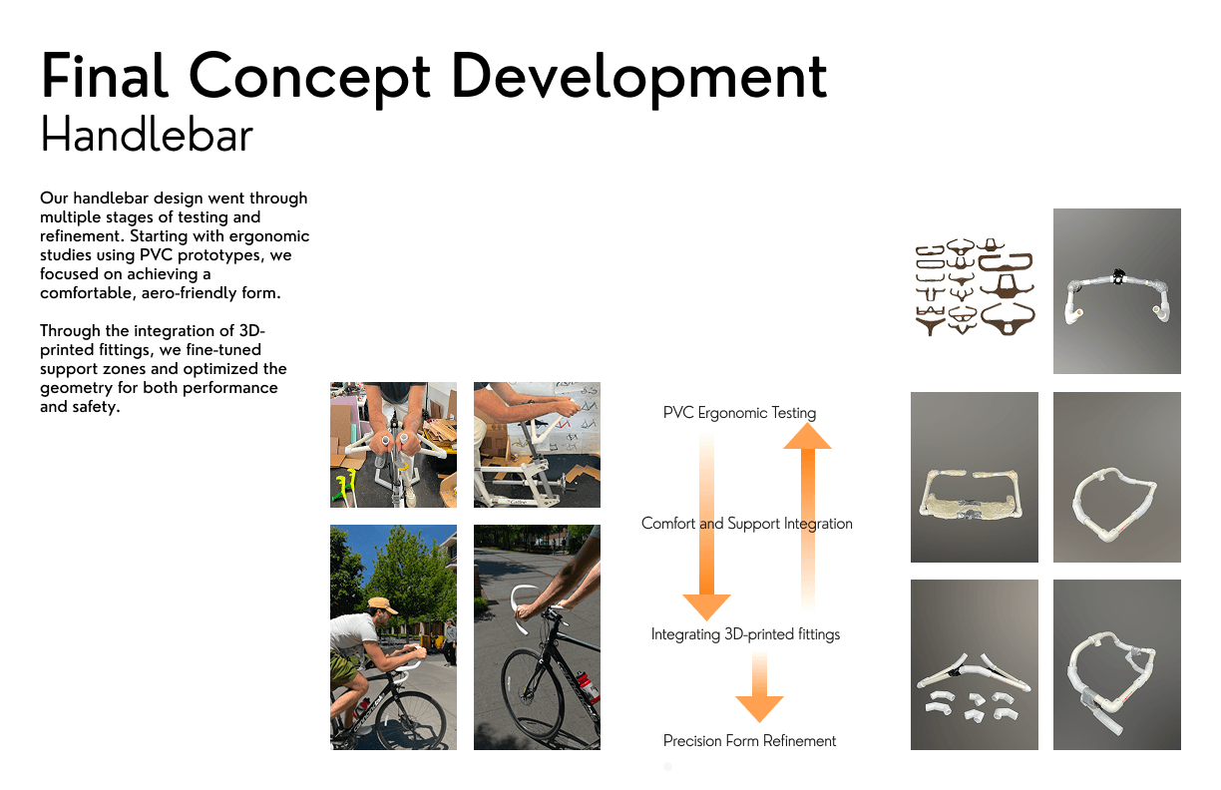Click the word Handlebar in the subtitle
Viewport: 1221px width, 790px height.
pos(147,134)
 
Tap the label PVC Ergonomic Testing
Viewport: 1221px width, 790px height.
pos(739,413)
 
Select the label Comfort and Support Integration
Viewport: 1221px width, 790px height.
pos(747,524)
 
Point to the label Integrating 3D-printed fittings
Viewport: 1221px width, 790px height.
pos(745,634)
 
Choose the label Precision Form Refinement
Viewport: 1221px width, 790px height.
pos(749,740)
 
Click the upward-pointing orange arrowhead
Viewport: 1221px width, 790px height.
pos(807,437)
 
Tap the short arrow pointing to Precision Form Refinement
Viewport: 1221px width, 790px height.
pos(759,687)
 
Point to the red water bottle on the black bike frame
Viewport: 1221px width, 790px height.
pos(590,686)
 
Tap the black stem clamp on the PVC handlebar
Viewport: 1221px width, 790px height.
pos(1117,276)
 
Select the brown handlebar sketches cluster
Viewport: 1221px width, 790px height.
pos(975,287)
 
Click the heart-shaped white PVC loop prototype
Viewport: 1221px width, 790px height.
pos(1113,503)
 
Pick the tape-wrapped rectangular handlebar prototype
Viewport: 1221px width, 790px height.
pos(971,494)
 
